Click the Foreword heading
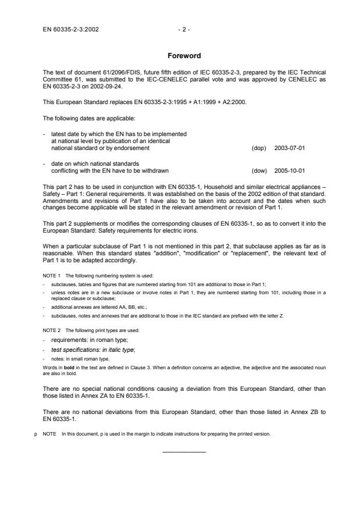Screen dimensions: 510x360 click(x=184, y=56)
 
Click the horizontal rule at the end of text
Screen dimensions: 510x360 click(x=184, y=452)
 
